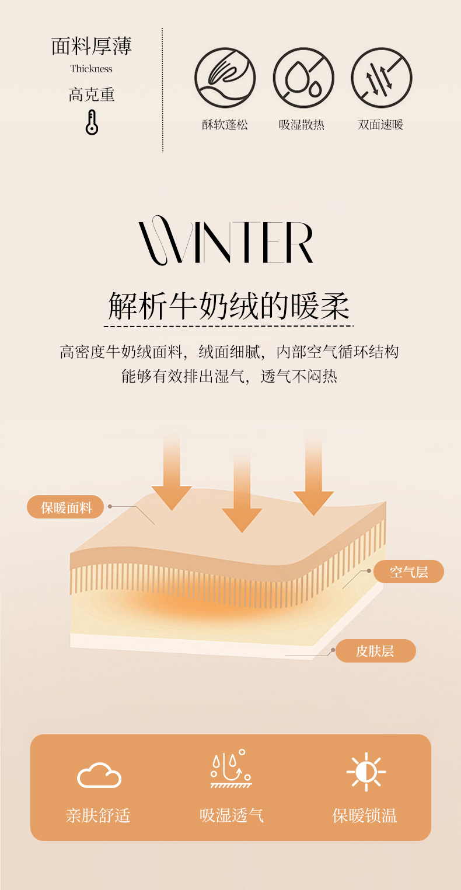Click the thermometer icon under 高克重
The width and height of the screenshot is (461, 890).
tap(92, 122)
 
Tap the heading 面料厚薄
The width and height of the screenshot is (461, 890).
tap(92, 46)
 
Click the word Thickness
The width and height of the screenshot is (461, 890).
tap(92, 69)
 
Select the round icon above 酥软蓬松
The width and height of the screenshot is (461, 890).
tap(225, 78)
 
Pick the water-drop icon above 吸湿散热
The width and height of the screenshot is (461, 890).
tap(303, 78)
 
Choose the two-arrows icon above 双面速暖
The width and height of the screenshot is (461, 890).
tap(382, 78)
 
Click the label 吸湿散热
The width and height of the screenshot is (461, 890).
tap(302, 125)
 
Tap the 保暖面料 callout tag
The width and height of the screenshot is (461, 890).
tap(66, 507)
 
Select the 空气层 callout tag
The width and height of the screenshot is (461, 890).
tap(408, 572)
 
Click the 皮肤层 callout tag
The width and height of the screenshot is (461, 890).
tap(375, 651)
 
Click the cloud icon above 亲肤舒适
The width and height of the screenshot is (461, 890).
tap(99, 775)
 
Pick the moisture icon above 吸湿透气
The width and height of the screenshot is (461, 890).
tap(231, 770)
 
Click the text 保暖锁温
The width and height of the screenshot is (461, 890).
tap(365, 815)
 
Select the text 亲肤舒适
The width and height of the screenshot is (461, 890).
tap(97, 815)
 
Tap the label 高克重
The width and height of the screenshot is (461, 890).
tap(92, 94)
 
